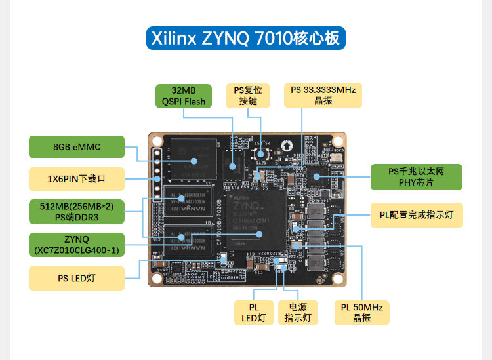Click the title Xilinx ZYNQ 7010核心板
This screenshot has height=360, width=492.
click(246, 39)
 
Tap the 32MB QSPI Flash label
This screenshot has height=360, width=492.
click(184, 96)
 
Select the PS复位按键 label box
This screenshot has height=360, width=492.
click(248, 96)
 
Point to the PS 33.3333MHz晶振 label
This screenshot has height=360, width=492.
click(323, 95)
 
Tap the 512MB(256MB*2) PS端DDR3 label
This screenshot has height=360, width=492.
click(77, 212)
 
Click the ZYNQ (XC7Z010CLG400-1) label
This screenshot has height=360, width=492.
click(77, 245)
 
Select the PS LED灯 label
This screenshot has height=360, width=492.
click(77, 278)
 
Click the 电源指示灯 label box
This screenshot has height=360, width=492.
click(297, 313)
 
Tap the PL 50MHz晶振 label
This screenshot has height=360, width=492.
click(361, 313)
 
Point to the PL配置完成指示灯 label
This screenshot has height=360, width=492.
click(417, 214)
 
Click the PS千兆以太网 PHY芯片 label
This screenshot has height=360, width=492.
click(417, 176)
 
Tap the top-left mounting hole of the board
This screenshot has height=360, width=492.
click(156, 140)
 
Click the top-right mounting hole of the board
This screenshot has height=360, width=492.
click(338, 140)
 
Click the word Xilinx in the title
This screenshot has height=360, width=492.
click(174, 39)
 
